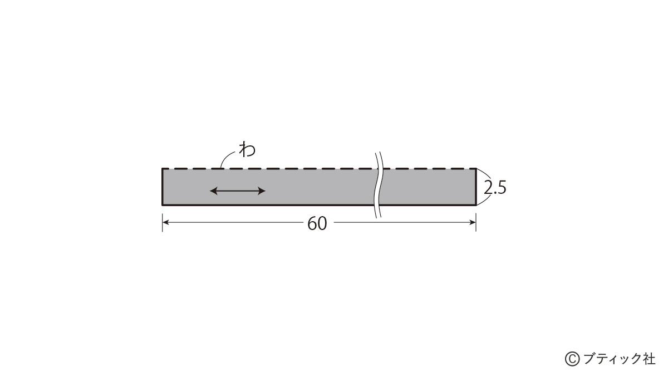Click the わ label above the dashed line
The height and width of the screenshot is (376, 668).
tap(247, 149)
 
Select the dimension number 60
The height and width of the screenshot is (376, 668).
tap(317, 223)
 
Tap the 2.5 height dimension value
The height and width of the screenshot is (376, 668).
tap(495, 188)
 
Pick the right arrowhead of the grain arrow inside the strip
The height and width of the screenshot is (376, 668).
tap(262, 191)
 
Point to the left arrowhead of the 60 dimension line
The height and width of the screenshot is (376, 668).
tap(165, 222)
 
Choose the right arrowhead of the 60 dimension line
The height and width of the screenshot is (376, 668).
tap(473, 222)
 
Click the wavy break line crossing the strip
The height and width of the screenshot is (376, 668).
tap(377, 185)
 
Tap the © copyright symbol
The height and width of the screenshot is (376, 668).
tap(572, 359)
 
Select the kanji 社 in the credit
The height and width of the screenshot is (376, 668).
tap(649, 359)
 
